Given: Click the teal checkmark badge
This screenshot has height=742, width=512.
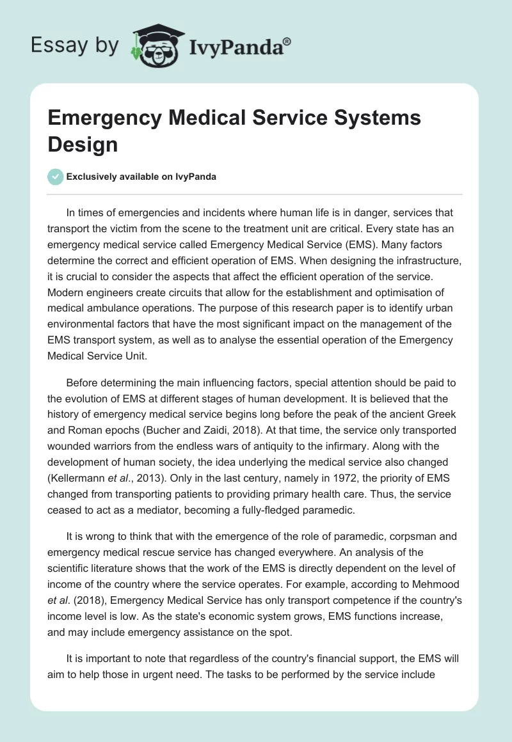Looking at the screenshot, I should (56, 177).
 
